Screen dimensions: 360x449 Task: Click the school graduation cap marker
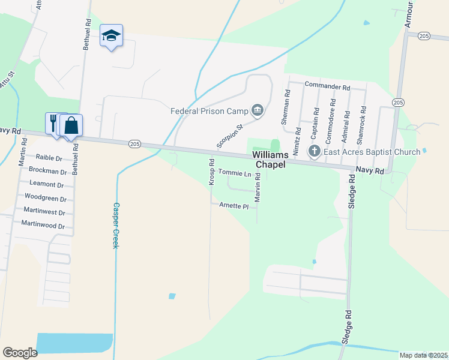pos(111,36)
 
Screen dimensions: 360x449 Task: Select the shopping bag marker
pos(71,126)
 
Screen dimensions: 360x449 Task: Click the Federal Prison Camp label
pos(209,111)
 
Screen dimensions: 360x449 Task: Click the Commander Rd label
pos(327,86)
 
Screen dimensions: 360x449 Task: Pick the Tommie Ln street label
pos(235,173)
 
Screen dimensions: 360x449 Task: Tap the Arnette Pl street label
pos(234,206)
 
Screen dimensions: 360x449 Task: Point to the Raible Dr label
pos(49,157)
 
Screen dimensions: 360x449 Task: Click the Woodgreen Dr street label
pos(45,198)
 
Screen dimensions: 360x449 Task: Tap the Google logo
pos(20,352)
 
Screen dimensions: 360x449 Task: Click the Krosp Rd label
pos(211,172)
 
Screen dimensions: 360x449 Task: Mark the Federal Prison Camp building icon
pos(258,110)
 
